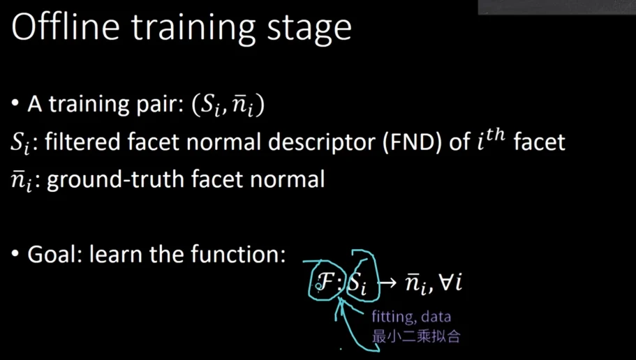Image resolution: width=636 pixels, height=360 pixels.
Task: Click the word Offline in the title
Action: click(x=66, y=27)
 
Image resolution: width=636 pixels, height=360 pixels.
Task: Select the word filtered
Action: click(x=83, y=142)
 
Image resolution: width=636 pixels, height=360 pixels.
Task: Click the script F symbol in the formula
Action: click(x=326, y=282)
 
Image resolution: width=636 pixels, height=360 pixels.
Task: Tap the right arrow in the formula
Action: click(x=387, y=283)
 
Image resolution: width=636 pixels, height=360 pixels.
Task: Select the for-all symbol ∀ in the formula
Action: click(x=446, y=282)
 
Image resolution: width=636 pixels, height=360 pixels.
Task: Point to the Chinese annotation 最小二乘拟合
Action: click(x=416, y=336)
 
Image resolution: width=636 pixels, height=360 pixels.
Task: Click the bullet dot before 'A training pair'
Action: click(x=15, y=104)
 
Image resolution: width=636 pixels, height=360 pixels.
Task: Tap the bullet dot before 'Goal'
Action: click(x=15, y=254)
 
